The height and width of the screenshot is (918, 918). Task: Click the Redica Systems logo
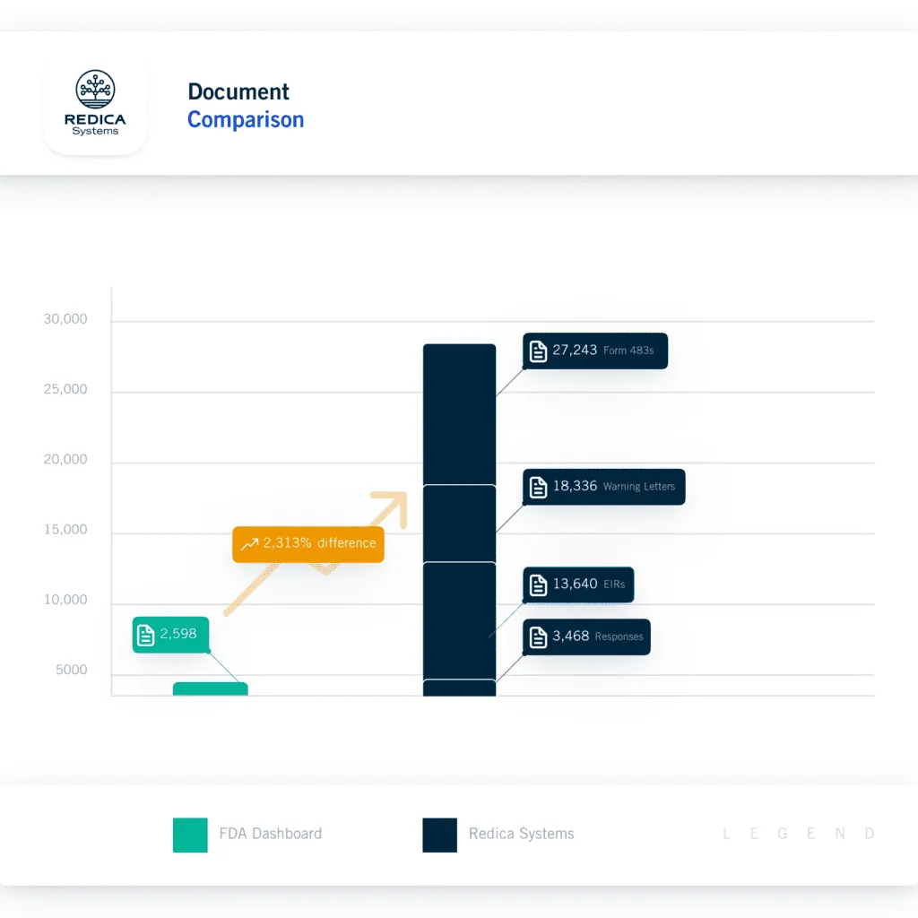click(95, 103)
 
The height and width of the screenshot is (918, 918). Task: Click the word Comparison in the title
click(246, 120)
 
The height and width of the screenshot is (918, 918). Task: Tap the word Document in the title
click(238, 91)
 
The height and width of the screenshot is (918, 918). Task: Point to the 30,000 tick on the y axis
click(65, 320)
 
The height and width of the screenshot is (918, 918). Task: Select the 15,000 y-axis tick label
click(65, 530)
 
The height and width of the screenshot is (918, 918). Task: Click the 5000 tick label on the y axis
click(69, 671)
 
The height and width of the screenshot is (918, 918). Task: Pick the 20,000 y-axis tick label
click(65, 460)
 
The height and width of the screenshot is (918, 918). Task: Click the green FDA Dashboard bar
click(210, 689)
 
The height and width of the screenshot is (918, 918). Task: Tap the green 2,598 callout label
click(170, 635)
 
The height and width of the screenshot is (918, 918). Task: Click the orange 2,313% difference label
click(307, 543)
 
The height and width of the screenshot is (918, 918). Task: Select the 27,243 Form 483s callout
click(594, 351)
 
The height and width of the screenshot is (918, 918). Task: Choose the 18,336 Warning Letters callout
click(603, 487)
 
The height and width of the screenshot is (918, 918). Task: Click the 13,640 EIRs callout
click(578, 585)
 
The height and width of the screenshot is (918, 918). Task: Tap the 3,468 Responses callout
click(586, 637)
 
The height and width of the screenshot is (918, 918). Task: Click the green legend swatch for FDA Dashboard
click(190, 835)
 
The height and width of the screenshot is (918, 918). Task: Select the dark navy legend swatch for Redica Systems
click(439, 835)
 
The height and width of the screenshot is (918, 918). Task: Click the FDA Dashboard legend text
click(270, 834)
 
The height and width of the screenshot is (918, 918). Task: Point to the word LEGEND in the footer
click(798, 835)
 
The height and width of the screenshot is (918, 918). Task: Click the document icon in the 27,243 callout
click(538, 351)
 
